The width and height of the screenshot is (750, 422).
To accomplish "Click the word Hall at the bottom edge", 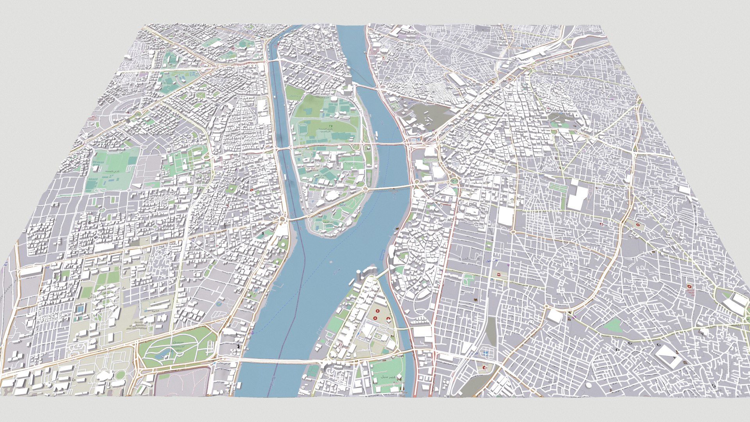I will [402, 395].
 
